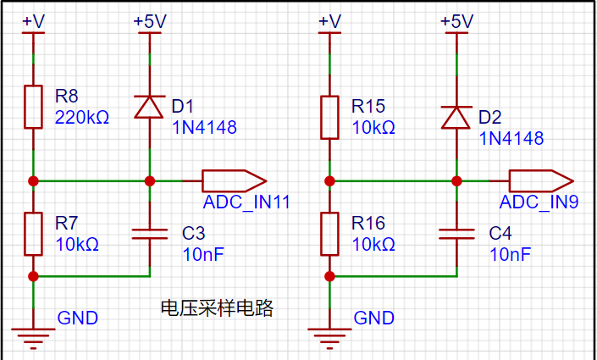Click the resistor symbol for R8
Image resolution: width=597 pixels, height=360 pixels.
pyautogui.click(x=33, y=107)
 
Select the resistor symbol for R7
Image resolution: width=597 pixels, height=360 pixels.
pyautogui.click(x=33, y=234)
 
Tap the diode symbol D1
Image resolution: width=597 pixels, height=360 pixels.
pyautogui.click(x=150, y=107)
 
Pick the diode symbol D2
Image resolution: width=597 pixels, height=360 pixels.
pyautogui.click(x=456, y=118)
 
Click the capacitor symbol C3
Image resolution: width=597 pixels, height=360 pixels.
pyautogui.click(x=150, y=234)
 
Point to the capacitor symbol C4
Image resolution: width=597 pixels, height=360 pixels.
pyautogui.click(x=456, y=234)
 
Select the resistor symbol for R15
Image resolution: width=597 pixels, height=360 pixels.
pyautogui.click(x=329, y=118)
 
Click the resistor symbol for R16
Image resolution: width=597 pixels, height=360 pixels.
pyautogui.click(x=329, y=234)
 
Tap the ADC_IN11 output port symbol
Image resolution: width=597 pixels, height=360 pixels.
pyautogui.click(x=235, y=181)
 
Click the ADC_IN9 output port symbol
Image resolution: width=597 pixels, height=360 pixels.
pyautogui.click(x=541, y=181)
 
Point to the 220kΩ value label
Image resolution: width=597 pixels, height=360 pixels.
pyautogui.click(x=82, y=118)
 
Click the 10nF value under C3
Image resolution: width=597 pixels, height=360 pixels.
pyautogui.click(x=203, y=254)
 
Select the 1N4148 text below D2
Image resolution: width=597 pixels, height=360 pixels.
pyautogui.click(x=511, y=138)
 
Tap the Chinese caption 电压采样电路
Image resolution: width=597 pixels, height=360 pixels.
pyautogui.click(x=217, y=307)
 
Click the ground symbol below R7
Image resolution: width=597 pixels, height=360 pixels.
pyautogui.click(x=33, y=338)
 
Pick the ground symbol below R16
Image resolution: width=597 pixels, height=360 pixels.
pyautogui.click(x=329, y=338)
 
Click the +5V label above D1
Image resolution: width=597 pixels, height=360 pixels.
pyautogui.click(x=150, y=21)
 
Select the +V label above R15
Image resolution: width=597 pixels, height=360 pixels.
pyautogui.click(x=329, y=21)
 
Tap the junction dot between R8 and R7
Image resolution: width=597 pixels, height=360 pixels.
pyautogui.click(x=33, y=181)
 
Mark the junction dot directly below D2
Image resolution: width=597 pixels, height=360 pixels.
pyautogui.click(x=456, y=181)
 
